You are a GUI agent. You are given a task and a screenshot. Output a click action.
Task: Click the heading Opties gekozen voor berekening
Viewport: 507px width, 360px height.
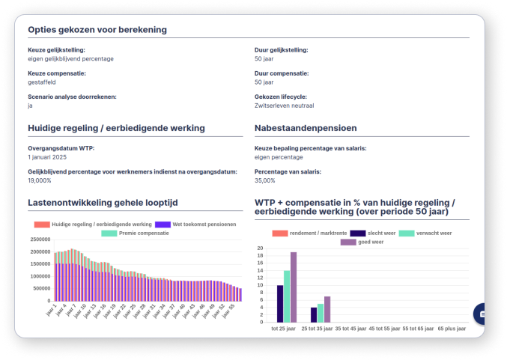coord(97,30)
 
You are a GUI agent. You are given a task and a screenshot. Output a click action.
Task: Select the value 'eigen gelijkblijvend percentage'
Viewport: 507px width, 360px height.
coord(70,58)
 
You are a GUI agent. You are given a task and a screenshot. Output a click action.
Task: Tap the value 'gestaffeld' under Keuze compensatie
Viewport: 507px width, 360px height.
coord(43,82)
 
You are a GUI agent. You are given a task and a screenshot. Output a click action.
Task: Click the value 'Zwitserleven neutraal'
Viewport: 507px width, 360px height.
coord(284,106)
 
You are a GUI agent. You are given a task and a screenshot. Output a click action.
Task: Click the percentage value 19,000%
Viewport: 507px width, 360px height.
coord(40,180)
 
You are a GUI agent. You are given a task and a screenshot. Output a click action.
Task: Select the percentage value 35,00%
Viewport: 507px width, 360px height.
coord(265,180)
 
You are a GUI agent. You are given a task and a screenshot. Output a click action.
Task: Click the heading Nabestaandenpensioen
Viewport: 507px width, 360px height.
coord(306,128)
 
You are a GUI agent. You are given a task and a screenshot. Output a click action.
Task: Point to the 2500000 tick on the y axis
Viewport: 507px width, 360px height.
coord(40,240)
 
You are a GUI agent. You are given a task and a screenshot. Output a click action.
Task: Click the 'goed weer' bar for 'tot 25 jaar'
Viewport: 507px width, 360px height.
coord(294,287)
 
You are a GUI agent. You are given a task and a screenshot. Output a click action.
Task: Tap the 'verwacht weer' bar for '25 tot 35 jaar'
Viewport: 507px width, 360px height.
coord(321,312)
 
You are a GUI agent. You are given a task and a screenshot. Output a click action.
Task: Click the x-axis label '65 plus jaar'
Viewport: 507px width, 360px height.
coord(452,329)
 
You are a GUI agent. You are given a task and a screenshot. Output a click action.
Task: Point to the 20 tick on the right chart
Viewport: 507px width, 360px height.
coord(260,248)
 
